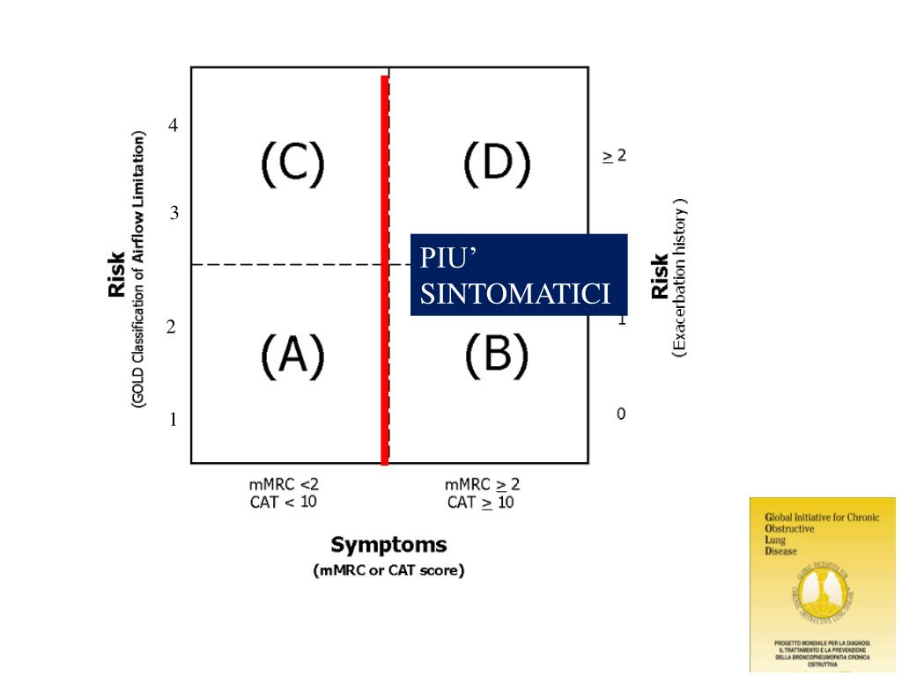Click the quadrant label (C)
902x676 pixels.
tap(292, 165)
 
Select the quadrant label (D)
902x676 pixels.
tap(497, 165)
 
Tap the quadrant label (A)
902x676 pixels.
tap(292, 356)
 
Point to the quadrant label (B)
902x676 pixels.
tap(497, 356)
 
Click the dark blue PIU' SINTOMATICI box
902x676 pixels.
tap(518, 275)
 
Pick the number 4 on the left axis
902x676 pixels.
tap(174, 126)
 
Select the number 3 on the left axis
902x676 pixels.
tap(174, 213)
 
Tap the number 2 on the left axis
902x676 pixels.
tap(172, 327)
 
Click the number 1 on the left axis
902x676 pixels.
tap(174, 420)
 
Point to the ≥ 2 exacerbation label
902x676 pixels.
tap(614, 156)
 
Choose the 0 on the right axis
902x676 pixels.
tap(621, 414)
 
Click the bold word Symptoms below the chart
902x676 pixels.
tap(388, 545)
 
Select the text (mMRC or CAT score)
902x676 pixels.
tap(388, 570)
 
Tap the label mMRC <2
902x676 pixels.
tap(285, 484)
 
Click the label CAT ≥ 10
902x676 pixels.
tap(480, 503)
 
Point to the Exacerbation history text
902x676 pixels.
tap(679, 277)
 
